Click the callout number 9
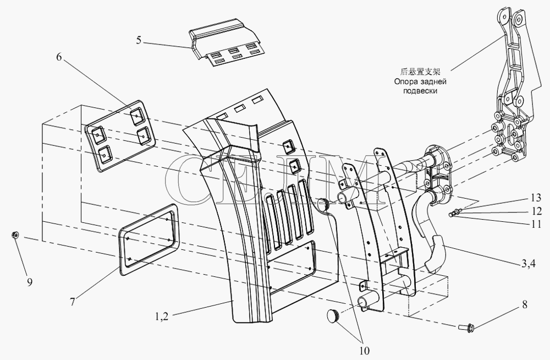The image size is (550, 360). [30, 283]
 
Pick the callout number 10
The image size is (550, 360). [364, 348]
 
